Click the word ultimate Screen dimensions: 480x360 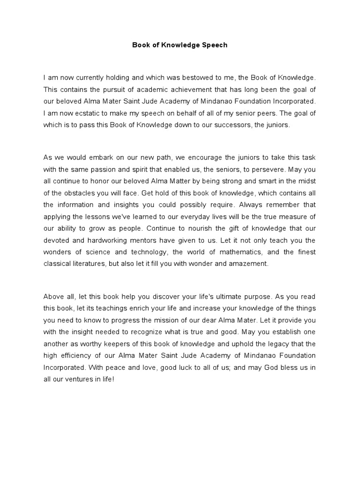tap(228, 296)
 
